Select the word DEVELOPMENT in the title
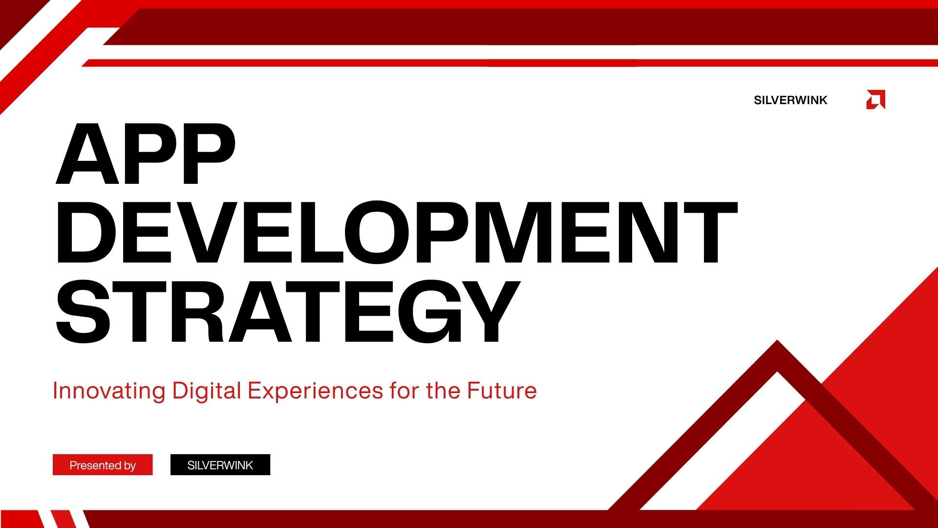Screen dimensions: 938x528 click(x=397, y=232)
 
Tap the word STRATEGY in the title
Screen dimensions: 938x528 click(x=288, y=311)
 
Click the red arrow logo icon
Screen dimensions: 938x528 click(x=875, y=100)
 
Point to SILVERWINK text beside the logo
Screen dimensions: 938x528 click(x=790, y=100)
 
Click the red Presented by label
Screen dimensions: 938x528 click(x=103, y=465)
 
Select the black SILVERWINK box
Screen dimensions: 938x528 click(x=220, y=465)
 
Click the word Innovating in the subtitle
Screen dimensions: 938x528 click(x=109, y=391)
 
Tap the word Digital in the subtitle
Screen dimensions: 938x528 click(x=207, y=391)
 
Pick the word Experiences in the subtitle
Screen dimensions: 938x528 click(x=315, y=391)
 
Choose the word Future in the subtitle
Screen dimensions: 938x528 click(x=502, y=391)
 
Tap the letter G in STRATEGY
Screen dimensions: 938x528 click(x=429, y=311)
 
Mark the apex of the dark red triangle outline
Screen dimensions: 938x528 click(x=777, y=341)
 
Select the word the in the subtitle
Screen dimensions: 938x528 click(x=443, y=391)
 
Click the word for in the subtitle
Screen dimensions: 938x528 click(x=404, y=391)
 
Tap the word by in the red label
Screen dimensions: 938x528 click(x=130, y=466)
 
